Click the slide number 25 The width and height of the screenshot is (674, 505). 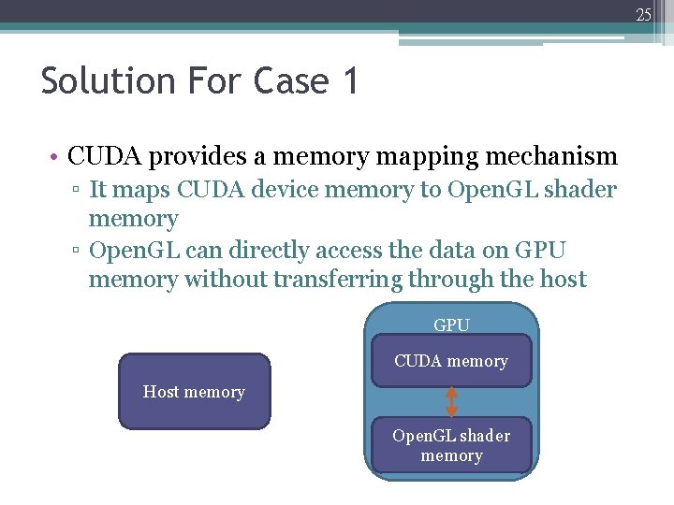[643, 14]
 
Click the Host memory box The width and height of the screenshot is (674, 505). [194, 392]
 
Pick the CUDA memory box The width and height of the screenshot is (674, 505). [451, 361]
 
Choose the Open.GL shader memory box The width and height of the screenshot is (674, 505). [451, 445]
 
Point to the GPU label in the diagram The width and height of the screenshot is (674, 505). [451, 325]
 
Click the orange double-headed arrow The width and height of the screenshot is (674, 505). [451, 401]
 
